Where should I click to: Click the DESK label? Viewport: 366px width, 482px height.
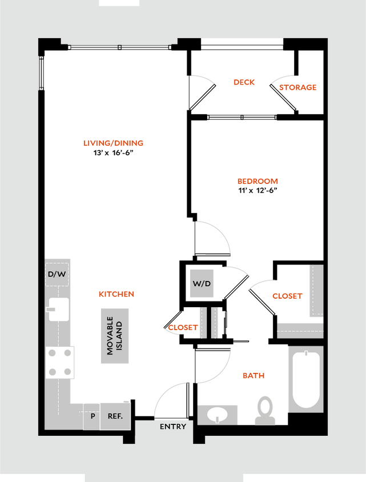244,82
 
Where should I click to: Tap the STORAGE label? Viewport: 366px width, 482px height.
297,87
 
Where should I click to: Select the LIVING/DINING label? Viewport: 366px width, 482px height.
113,143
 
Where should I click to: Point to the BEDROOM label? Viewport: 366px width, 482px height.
258,182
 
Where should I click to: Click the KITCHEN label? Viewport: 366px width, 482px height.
117,294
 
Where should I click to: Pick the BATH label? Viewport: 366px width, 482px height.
254,376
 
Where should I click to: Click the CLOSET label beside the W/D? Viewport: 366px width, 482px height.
183,328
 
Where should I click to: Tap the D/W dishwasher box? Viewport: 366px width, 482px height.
57,274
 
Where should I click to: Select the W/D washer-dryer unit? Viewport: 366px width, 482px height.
202,283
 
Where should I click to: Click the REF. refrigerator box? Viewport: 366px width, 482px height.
115,416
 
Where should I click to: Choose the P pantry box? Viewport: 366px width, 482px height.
92,416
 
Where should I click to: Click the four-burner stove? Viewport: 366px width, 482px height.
61,362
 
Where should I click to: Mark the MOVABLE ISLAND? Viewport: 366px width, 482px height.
115,336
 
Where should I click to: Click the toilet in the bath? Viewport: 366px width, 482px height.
264,410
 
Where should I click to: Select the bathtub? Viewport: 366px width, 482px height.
305,379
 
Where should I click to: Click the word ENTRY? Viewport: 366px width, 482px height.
172,427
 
